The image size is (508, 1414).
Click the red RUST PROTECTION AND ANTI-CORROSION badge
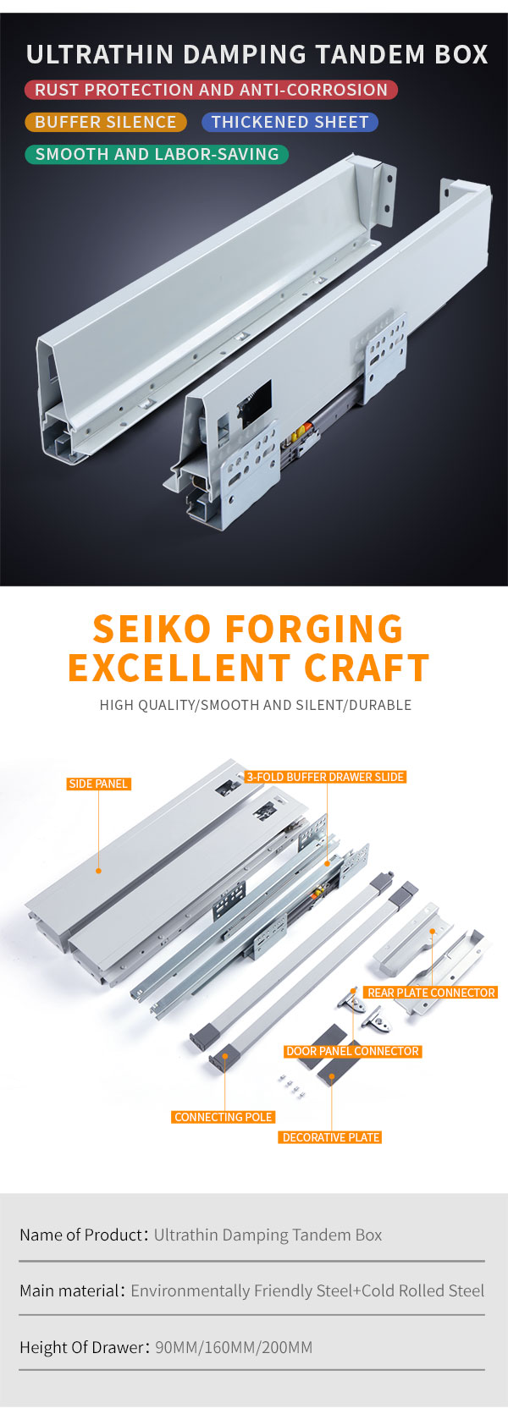(x=211, y=90)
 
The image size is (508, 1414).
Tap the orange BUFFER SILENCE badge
(x=106, y=122)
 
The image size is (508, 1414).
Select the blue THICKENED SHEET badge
(x=290, y=122)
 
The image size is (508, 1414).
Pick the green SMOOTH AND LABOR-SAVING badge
(x=157, y=154)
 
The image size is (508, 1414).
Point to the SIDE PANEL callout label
(x=98, y=784)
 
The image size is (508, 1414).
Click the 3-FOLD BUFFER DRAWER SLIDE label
(x=325, y=777)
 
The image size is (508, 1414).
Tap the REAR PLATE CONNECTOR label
(x=431, y=993)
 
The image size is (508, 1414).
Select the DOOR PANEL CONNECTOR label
(x=352, y=1051)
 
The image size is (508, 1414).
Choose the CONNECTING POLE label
(x=223, y=1117)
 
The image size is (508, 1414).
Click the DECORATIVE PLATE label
(x=330, y=1137)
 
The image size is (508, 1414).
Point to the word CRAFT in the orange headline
(x=367, y=668)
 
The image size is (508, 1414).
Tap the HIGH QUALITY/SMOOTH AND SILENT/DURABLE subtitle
(x=255, y=705)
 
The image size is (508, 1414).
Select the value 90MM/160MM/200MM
(x=234, y=1347)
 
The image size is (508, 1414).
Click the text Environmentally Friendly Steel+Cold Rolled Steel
(x=307, y=1290)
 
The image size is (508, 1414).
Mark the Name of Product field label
(x=81, y=1235)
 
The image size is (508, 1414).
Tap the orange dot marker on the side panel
(x=98, y=871)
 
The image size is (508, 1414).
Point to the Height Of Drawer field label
(x=82, y=1347)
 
